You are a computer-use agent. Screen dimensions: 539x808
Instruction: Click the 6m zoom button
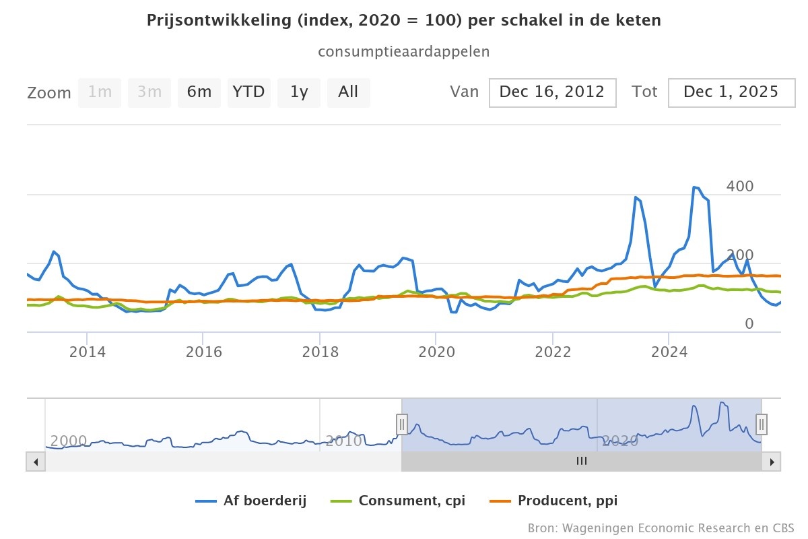coord(199,92)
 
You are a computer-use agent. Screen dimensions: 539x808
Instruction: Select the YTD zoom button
coord(248,92)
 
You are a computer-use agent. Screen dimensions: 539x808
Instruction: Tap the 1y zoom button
coord(299,92)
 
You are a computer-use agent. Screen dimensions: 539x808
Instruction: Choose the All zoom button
coord(348,92)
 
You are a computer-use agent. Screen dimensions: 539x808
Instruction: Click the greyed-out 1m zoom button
coord(100,92)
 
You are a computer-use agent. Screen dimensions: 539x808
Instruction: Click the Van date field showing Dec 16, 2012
coord(552,92)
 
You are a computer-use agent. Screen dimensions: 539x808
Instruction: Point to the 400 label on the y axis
coord(740,187)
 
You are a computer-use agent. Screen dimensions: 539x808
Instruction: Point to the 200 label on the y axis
coord(740,255)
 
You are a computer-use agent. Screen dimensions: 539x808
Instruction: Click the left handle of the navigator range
coord(402,424)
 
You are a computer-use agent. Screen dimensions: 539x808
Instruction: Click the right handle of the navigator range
coord(762,424)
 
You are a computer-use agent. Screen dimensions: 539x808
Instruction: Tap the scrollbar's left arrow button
coord(35,462)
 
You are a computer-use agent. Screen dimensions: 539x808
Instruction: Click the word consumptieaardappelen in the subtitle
coord(403,52)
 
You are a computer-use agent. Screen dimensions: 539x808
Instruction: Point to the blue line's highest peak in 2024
coord(695,187)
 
